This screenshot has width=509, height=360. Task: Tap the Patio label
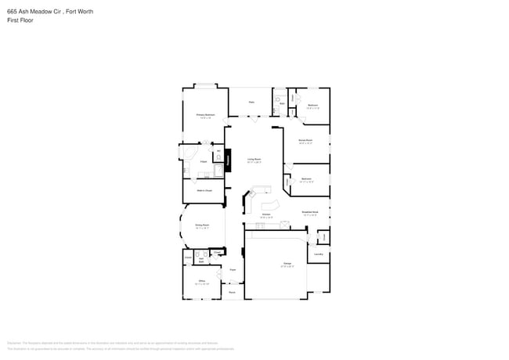click(x=251, y=102)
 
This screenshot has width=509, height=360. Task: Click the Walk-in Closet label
click(x=203, y=190)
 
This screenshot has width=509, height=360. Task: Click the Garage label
click(x=276, y=265)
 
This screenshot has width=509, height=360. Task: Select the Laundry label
click(x=319, y=254)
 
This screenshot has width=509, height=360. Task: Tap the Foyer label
click(x=233, y=269)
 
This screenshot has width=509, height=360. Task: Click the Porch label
click(x=232, y=293)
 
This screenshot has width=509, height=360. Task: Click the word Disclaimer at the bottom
click(x=14, y=344)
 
